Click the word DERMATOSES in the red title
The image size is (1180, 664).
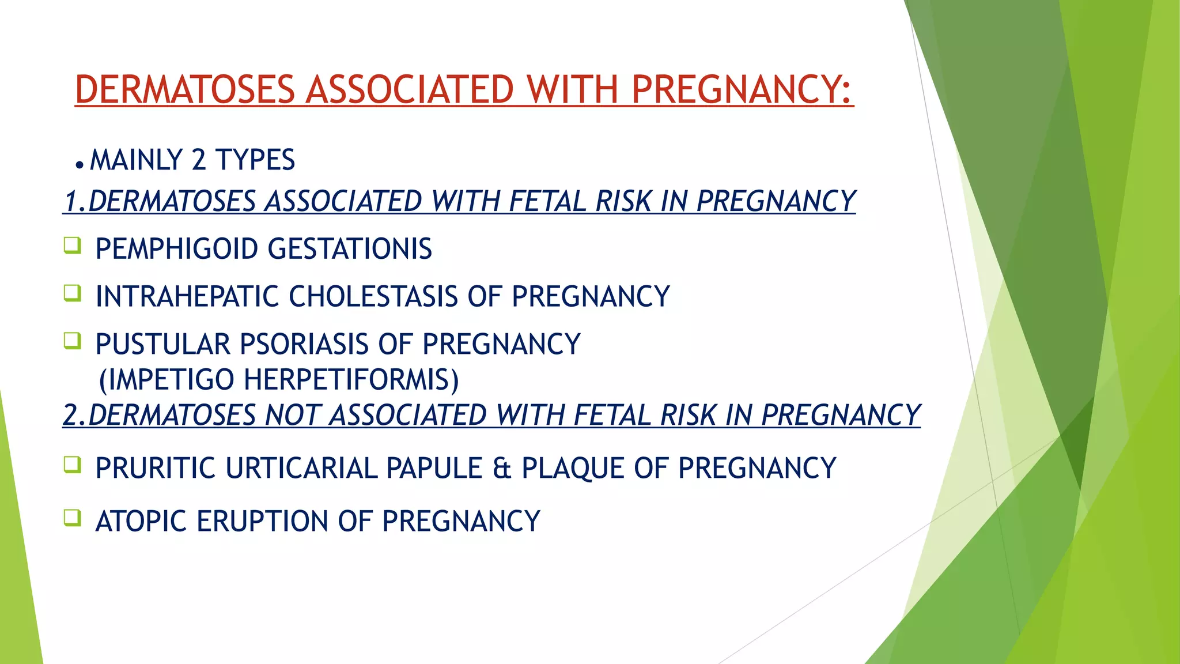(185, 90)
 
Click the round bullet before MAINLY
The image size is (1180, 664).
(80, 165)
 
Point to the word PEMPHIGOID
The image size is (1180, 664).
(176, 249)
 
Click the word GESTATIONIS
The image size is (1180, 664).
(350, 249)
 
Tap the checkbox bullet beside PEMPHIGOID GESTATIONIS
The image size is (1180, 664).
(73, 246)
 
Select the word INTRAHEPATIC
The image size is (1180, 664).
(187, 297)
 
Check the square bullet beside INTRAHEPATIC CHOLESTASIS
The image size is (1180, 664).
(73, 293)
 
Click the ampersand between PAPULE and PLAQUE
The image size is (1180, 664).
(502, 468)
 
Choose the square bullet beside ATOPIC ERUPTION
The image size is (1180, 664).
(73, 518)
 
